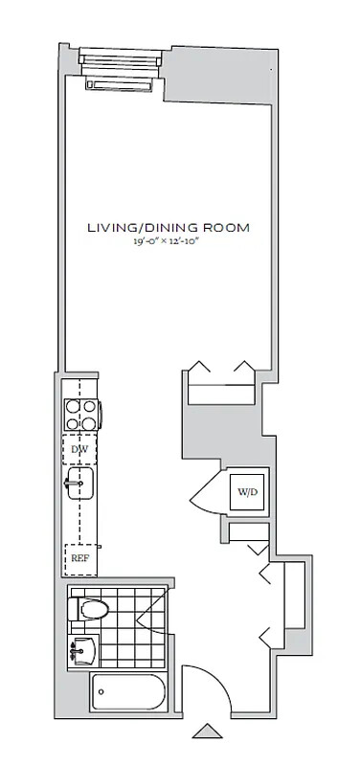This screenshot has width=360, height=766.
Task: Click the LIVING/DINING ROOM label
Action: (169, 228)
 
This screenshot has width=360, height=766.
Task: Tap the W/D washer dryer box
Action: (247, 492)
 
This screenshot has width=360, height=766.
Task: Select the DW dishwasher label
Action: (79, 449)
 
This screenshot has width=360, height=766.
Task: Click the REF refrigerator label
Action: (80, 558)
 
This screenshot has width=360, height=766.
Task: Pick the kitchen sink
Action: (80, 484)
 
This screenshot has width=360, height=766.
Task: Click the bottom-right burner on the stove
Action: (88, 423)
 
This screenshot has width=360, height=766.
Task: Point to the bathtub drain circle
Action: (101, 691)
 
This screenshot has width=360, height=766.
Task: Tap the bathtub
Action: (128, 692)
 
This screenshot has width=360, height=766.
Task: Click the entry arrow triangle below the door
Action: (207, 732)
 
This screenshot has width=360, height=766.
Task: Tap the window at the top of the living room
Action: (121, 60)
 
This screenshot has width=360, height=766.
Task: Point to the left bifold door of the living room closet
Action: (199, 367)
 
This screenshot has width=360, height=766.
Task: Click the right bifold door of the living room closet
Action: (244, 367)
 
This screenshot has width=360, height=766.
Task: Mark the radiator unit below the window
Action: (119, 85)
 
